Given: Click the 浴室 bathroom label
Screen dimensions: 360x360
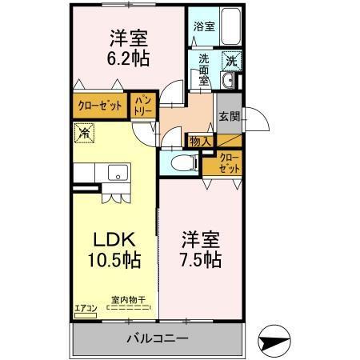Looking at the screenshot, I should [x=203, y=26].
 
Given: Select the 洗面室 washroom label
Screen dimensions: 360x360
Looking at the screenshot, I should [x=203, y=69].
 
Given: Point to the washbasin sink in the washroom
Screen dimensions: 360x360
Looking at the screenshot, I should [x=230, y=80].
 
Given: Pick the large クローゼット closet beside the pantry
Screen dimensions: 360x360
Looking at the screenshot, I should [x=100, y=105].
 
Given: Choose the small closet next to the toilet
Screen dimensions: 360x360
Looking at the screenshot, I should [x=227, y=163].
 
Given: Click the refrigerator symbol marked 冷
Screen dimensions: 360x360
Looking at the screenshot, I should [x=82, y=133].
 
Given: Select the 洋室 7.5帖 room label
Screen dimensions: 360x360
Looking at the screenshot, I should [x=200, y=250].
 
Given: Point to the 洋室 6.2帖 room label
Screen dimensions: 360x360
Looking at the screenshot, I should [x=128, y=48].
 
